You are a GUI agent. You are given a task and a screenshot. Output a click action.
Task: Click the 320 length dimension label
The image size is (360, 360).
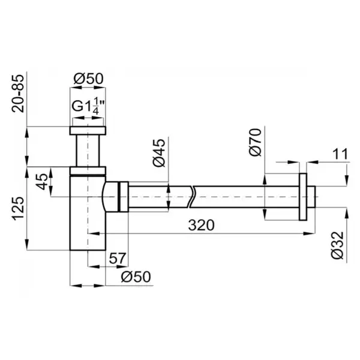[x=201, y=225]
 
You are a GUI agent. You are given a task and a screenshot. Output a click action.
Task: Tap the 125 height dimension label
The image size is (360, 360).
[x=18, y=208]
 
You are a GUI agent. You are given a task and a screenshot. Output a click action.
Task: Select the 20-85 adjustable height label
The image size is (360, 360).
[x=18, y=94]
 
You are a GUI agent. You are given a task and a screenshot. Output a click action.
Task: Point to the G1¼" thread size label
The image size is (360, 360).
[x=88, y=106]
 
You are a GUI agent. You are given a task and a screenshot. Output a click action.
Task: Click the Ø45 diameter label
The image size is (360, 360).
[x=159, y=152]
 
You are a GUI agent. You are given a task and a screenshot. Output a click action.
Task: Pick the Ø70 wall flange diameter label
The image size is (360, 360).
[x=255, y=142]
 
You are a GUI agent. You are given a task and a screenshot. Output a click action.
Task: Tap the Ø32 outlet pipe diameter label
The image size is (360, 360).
[x=337, y=245]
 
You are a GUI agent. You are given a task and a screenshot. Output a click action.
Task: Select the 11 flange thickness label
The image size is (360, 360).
[x=340, y=154]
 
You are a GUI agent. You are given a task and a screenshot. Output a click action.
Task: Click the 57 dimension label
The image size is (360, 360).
[x=118, y=258]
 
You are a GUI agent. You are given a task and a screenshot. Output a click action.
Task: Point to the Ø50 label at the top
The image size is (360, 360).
[x=88, y=79]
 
